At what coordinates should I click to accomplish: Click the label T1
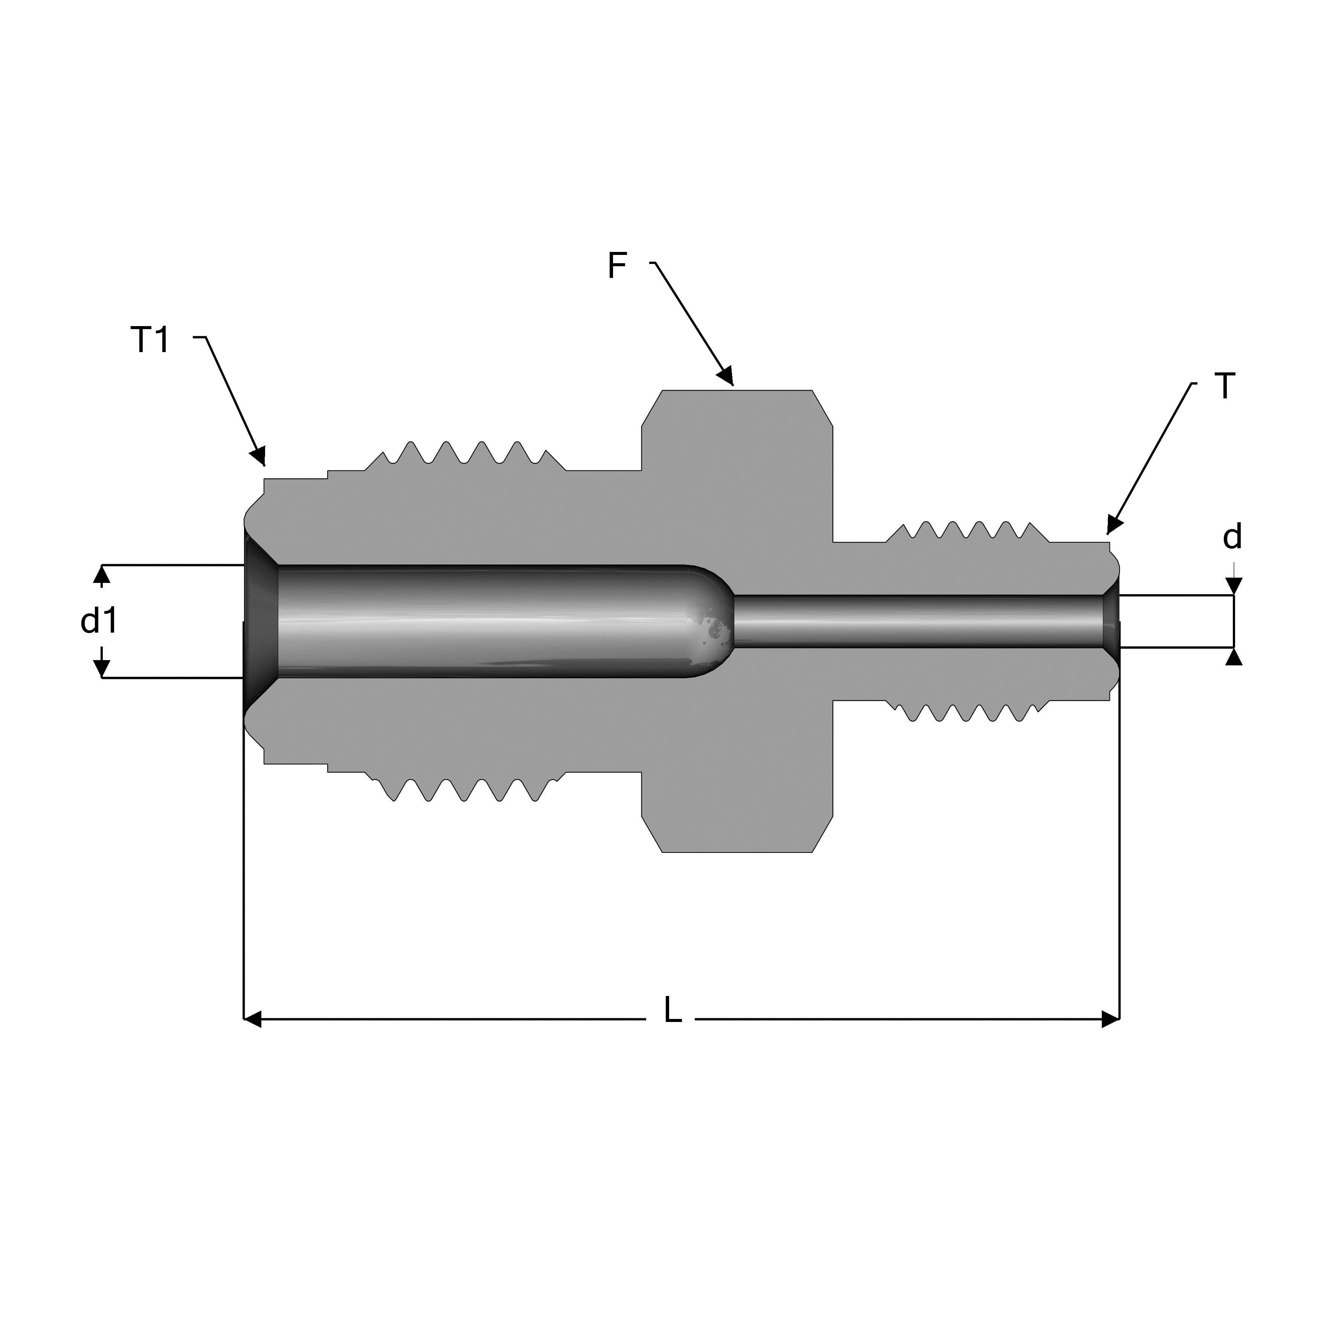(x=150, y=339)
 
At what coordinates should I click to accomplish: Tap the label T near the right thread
(x=1225, y=386)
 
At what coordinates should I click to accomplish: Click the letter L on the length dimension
(x=673, y=1011)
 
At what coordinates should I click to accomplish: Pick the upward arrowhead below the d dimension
(x=1234, y=657)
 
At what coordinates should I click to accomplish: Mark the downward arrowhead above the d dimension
(x=1234, y=585)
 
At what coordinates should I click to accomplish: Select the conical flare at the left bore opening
(x=261, y=621)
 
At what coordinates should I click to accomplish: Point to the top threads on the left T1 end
(x=462, y=454)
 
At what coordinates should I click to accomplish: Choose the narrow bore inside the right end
(x=918, y=621)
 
